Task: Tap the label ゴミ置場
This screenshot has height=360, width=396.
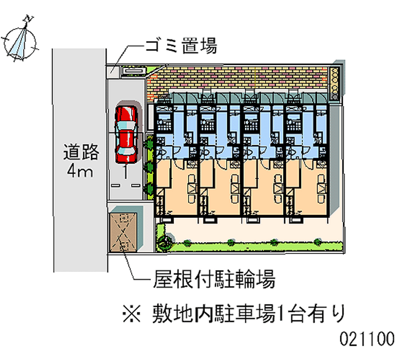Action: pyautogui.click(x=180, y=47)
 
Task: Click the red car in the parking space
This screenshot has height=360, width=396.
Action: pyautogui.click(x=126, y=134)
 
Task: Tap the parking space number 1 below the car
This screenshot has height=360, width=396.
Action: pyautogui.click(x=126, y=172)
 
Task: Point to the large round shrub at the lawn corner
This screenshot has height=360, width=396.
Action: pyautogui.click(x=164, y=241)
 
